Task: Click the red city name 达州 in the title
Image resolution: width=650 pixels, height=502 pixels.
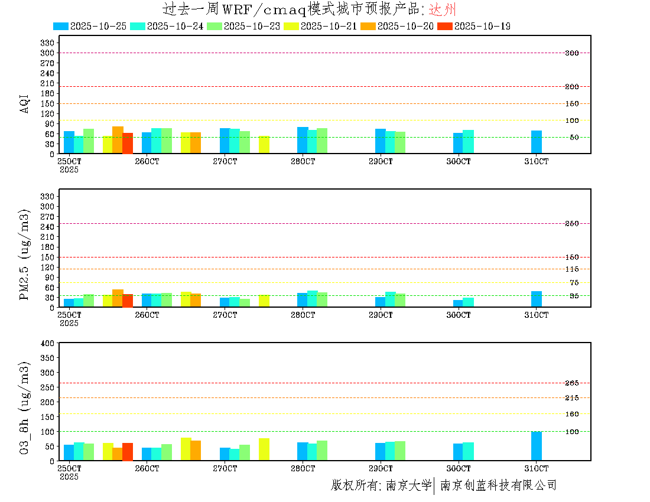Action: tap(442, 9)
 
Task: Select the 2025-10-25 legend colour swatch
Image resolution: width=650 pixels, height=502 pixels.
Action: tap(61, 26)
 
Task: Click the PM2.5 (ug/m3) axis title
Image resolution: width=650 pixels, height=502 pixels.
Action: tap(25, 255)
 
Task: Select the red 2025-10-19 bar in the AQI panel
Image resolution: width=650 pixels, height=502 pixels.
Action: tap(128, 143)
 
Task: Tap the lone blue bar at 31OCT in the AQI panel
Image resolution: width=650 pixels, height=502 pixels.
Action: tap(537, 142)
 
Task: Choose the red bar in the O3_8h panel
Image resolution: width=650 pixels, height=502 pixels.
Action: tap(128, 452)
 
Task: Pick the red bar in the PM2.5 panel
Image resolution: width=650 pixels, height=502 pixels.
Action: tap(128, 301)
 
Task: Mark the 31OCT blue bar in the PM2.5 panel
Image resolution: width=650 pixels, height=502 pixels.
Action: tap(537, 299)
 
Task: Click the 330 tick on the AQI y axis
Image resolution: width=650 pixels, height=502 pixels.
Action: tap(47, 43)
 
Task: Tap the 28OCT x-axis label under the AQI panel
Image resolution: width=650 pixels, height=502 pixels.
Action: tap(303, 161)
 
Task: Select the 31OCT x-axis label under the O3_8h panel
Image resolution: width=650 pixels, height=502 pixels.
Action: tap(537, 468)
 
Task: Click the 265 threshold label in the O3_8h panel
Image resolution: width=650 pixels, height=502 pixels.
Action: tap(571, 383)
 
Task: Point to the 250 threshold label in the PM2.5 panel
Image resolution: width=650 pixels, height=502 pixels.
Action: tap(571, 224)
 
